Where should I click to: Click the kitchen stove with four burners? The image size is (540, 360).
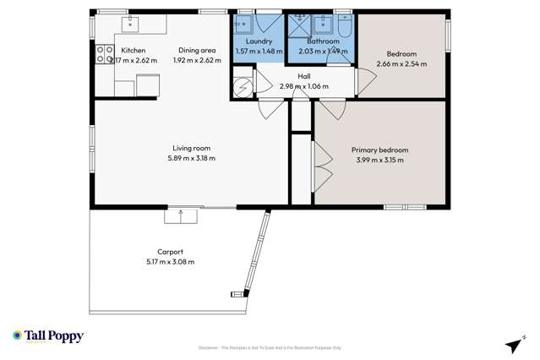click(106, 55)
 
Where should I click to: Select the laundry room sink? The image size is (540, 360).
click(244, 23)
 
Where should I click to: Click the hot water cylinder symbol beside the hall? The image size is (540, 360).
click(241, 86)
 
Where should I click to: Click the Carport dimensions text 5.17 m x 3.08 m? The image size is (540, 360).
click(170, 262)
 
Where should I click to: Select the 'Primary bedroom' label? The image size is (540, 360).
click(378, 150)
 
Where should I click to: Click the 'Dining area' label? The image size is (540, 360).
click(194, 50)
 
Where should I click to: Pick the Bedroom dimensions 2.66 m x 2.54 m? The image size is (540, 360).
click(401, 63)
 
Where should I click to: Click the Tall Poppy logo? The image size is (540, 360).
click(48, 336)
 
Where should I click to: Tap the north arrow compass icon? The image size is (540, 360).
click(513, 345)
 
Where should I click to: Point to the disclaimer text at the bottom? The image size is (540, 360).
click(270, 347)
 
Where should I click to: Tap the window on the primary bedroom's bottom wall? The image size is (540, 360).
click(405, 206)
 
